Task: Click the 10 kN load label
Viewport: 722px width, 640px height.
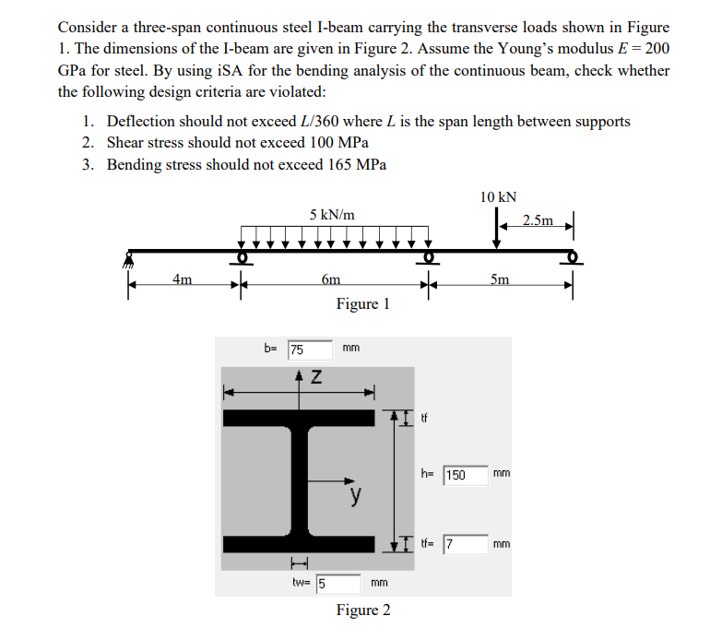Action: coord(498,196)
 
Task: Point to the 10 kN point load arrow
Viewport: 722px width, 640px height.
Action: coord(497,231)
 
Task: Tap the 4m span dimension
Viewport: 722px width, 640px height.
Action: coord(183,279)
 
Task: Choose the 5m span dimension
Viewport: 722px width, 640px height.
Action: coord(499,279)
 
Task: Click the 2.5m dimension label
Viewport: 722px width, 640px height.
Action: coord(539,220)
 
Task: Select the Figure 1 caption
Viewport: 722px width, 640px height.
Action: coord(362,303)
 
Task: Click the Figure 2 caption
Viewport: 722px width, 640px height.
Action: coord(362,610)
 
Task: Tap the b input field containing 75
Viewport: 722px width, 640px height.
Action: coord(309,350)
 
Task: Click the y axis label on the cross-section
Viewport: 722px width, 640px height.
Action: coord(354,497)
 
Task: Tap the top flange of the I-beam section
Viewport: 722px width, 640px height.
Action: coord(299,418)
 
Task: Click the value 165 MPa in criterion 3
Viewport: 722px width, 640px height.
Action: coord(358,164)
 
